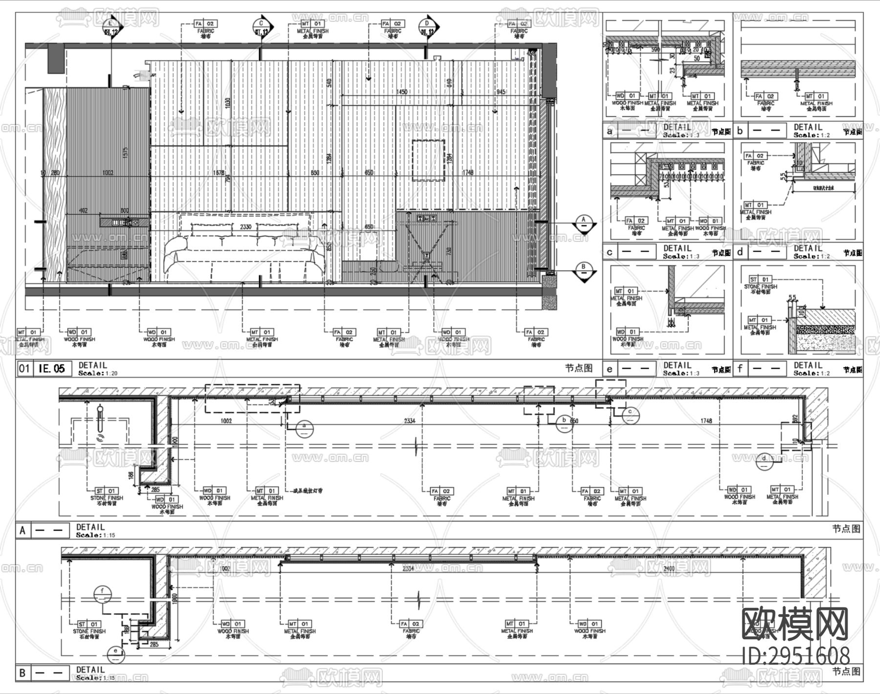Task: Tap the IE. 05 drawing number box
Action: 52,368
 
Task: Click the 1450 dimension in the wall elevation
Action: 402,92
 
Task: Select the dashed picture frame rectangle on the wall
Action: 428,159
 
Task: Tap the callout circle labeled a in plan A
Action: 304,428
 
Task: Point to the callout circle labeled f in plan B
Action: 103,594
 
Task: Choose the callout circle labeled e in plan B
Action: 115,654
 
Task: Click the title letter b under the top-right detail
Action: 740,131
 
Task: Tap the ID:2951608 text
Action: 795,655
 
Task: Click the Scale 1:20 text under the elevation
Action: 98,373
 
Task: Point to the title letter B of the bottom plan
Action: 22,673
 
